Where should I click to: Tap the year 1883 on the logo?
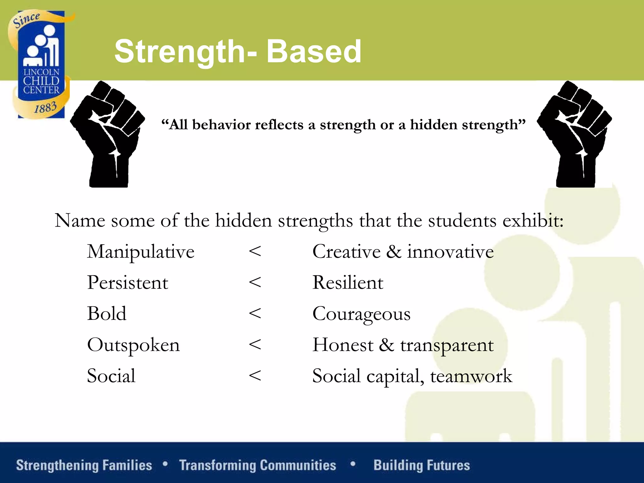46,108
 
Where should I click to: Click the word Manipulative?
141,252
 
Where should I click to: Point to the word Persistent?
127,282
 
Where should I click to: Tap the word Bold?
107,314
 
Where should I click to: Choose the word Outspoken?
133,345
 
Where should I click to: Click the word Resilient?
347,282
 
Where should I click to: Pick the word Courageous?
361,314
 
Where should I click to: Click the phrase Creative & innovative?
403,252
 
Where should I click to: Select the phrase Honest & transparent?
403,345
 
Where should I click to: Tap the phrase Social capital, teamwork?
412,376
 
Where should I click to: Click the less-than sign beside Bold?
255,314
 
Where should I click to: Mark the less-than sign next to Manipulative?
255,252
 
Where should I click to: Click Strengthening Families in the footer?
84,465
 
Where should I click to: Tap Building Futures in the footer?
422,465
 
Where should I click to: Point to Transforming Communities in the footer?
258,465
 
